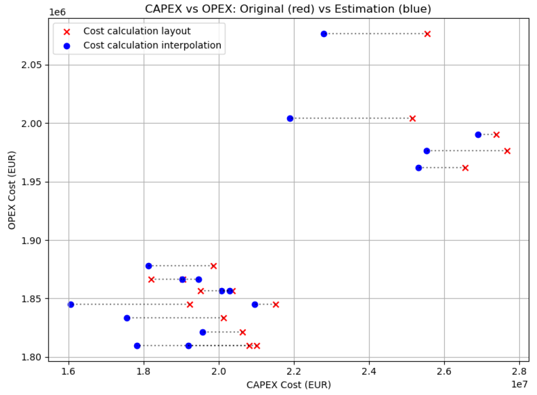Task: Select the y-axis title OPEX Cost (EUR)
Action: click(11, 190)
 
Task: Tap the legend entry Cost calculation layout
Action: click(137, 31)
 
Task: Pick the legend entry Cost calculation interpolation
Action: click(152, 45)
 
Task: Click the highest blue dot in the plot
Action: click(324, 34)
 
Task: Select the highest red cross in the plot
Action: click(427, 34)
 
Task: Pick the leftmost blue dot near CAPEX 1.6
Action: click(71, 305)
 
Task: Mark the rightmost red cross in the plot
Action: click(507, 151)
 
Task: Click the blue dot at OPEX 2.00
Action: click(290, 118)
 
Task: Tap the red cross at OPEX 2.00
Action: click(412, 118)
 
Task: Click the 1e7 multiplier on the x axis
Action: click(520, 384)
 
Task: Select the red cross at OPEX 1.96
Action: click(466, 168)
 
